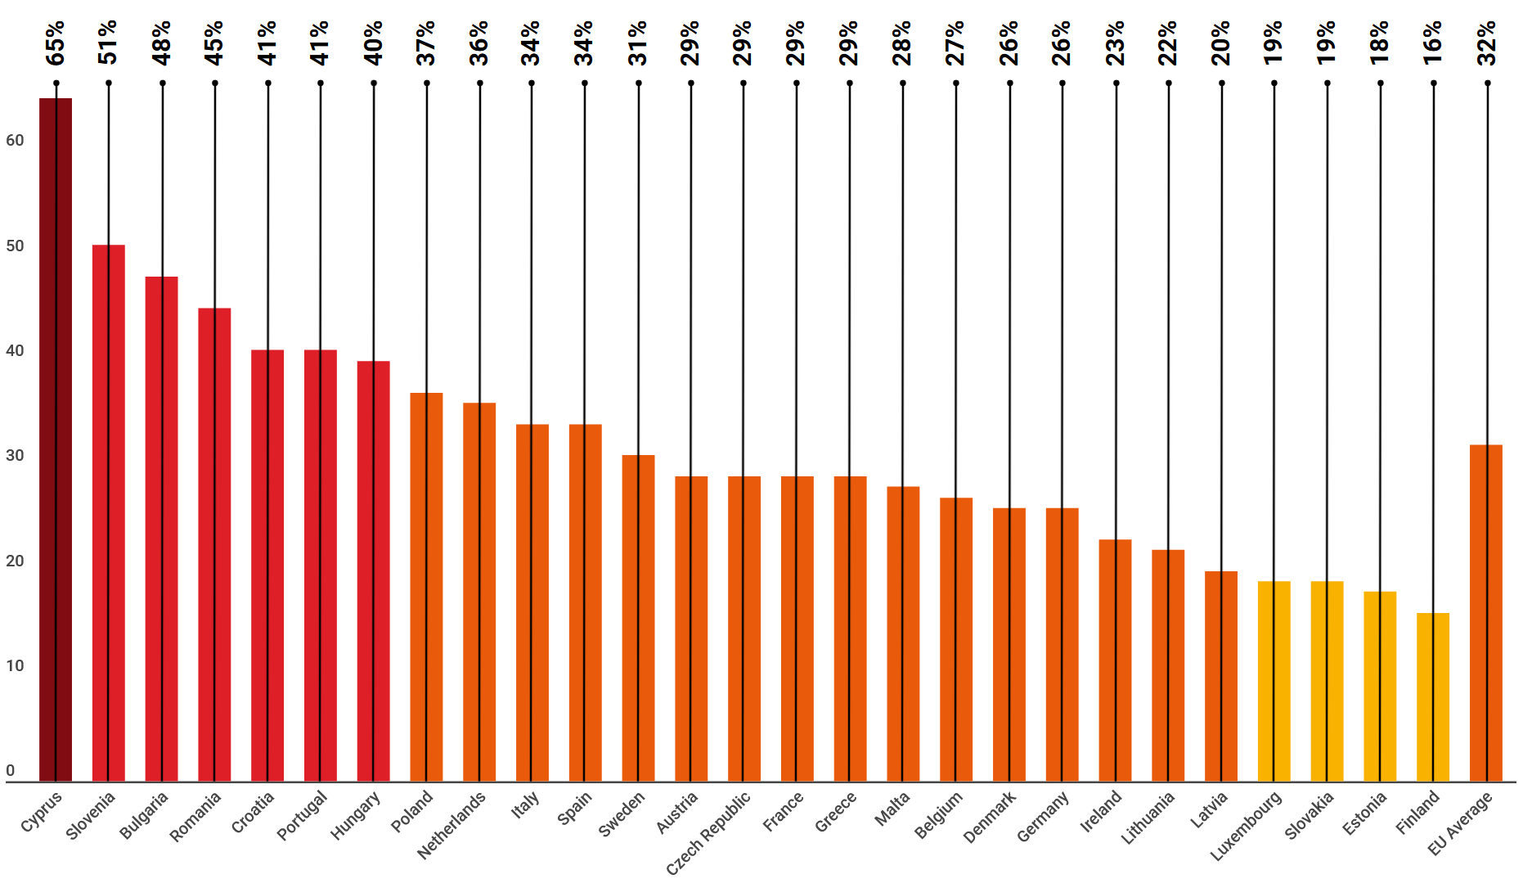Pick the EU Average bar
tap(1486, 613)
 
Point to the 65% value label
tap(56, 43)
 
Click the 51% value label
tap(108, 43)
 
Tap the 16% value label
tap(1433, 43)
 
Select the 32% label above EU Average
tap(1486, 43)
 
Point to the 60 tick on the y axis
tap(15, 141)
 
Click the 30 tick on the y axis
tap(15, 456)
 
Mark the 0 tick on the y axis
tap(11, 771)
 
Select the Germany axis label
tap(1043, 817)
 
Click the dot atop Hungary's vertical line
tap(374, 83)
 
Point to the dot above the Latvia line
tap(1222, 83)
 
